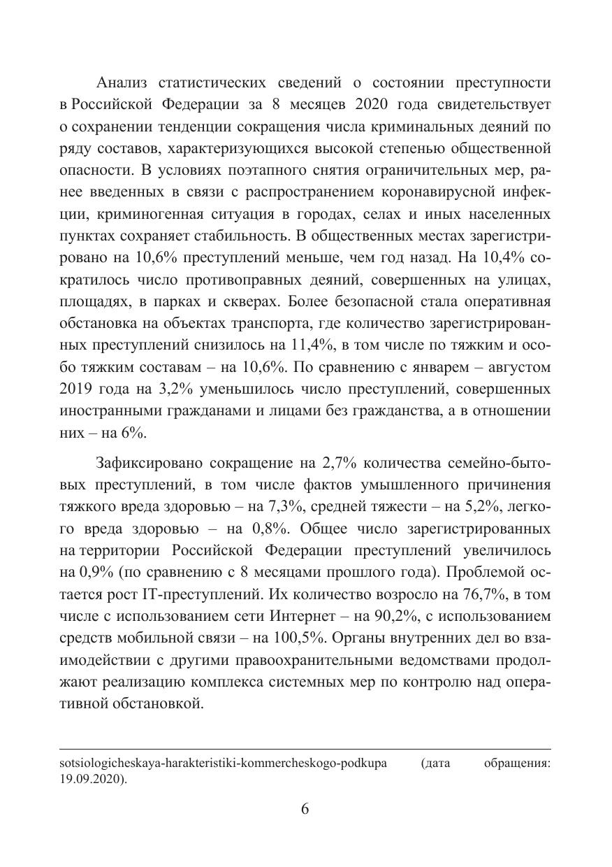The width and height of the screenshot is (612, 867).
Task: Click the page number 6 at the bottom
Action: pyautogui.click(x=305, y=809)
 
